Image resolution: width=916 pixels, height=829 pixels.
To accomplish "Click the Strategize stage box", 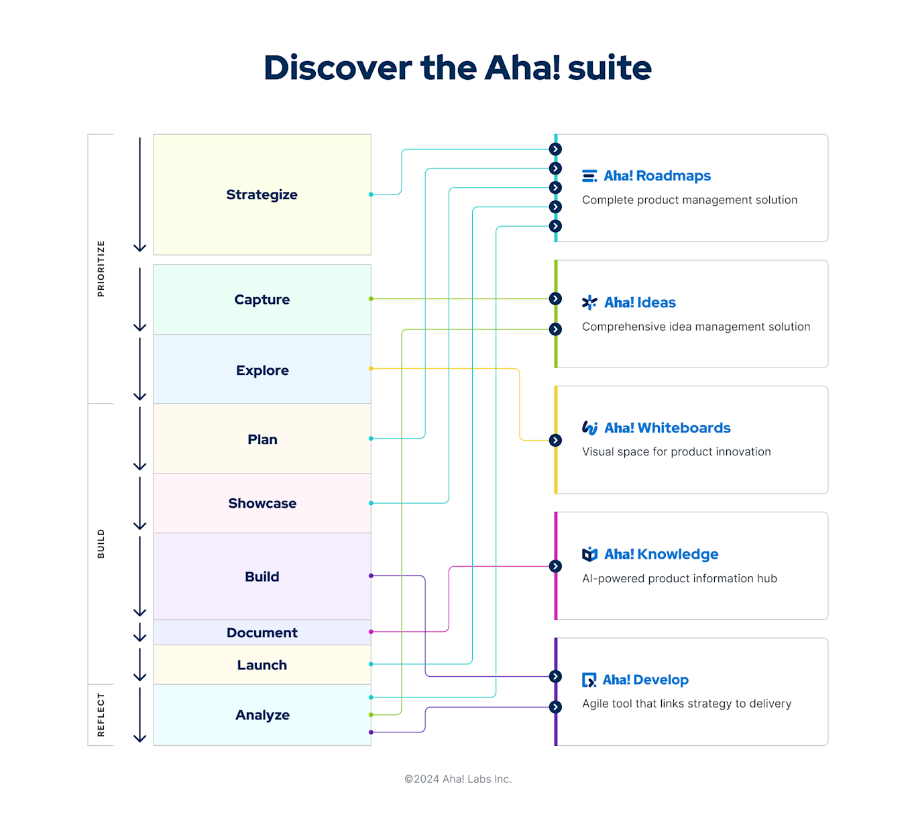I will coord(262,195).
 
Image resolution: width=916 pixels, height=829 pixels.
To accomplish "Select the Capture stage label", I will coord(262,300).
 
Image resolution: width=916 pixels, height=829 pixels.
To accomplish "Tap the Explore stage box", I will coord(262,370).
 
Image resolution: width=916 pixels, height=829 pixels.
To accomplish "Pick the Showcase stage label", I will coord(262,503).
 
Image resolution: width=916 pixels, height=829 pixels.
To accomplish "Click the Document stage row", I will coord(262,632).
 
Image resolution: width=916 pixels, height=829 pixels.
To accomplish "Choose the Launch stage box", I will coord(262,665).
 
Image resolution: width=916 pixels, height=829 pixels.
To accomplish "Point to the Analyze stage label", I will coord(262,715).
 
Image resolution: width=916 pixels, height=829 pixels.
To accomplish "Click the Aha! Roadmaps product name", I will coord(656,176).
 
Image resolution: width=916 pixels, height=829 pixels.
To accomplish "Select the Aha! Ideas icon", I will coord(589,302).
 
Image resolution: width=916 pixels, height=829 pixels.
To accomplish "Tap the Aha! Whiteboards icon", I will coord(589,428).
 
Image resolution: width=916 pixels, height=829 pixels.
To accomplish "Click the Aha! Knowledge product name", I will coord(661,554).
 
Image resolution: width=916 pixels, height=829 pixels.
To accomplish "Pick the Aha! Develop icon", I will coord(589,680).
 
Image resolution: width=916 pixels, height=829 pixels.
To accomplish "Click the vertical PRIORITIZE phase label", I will coord(101,268).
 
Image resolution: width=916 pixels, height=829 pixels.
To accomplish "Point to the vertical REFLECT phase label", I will coord(101,715).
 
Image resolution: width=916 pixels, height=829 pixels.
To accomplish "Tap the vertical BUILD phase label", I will coord(101,543).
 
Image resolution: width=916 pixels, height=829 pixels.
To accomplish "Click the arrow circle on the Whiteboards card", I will coord(555,441).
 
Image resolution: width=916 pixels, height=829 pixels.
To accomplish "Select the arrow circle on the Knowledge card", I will coord(555,567).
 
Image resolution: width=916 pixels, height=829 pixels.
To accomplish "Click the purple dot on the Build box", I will coord(371,575).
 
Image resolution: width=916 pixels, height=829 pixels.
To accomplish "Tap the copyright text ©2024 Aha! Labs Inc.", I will coord(457,779).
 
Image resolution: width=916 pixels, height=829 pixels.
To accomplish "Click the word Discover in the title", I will coord(337,68).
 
